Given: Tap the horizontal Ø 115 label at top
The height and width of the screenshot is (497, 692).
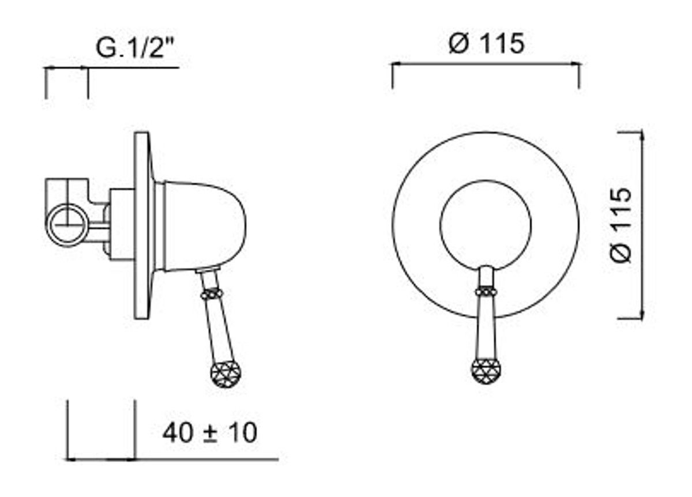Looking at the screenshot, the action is (x=487, y=44).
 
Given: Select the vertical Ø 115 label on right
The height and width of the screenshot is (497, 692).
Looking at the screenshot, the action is (x=620, y=225).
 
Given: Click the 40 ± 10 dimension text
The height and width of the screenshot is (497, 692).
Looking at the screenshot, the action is (x=210, y=433).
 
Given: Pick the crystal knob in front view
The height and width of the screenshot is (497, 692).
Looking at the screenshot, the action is (x=486, y=371).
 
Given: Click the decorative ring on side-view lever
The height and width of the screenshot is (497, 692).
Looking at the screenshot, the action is (x=212, y=293).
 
